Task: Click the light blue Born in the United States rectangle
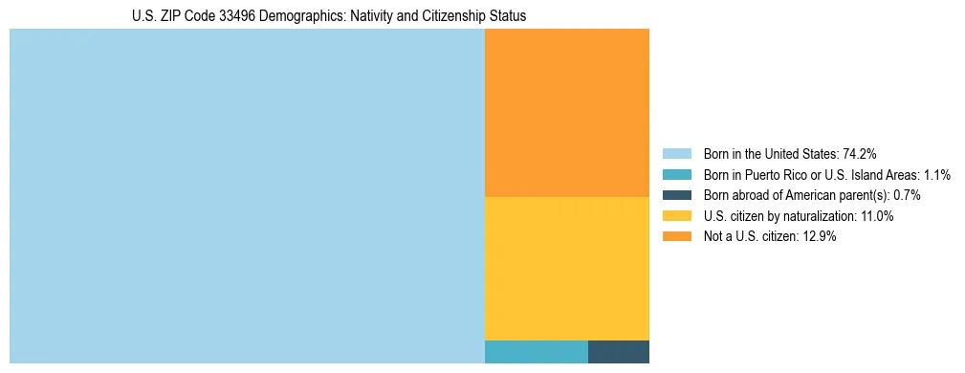point(247,196)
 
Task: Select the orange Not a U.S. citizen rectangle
point(567,113)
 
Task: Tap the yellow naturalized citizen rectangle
point(567,268)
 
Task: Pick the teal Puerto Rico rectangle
point(537,351)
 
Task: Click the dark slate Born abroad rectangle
point(619,351)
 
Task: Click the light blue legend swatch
point(676,154)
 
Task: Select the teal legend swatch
point(676,175)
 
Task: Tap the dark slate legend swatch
point(676,195)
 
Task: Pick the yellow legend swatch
point(676,216)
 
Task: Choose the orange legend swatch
point(676,236)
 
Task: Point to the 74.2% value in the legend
point(859,154)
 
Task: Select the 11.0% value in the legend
point(878,216)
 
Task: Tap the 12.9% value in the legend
point(821,236)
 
